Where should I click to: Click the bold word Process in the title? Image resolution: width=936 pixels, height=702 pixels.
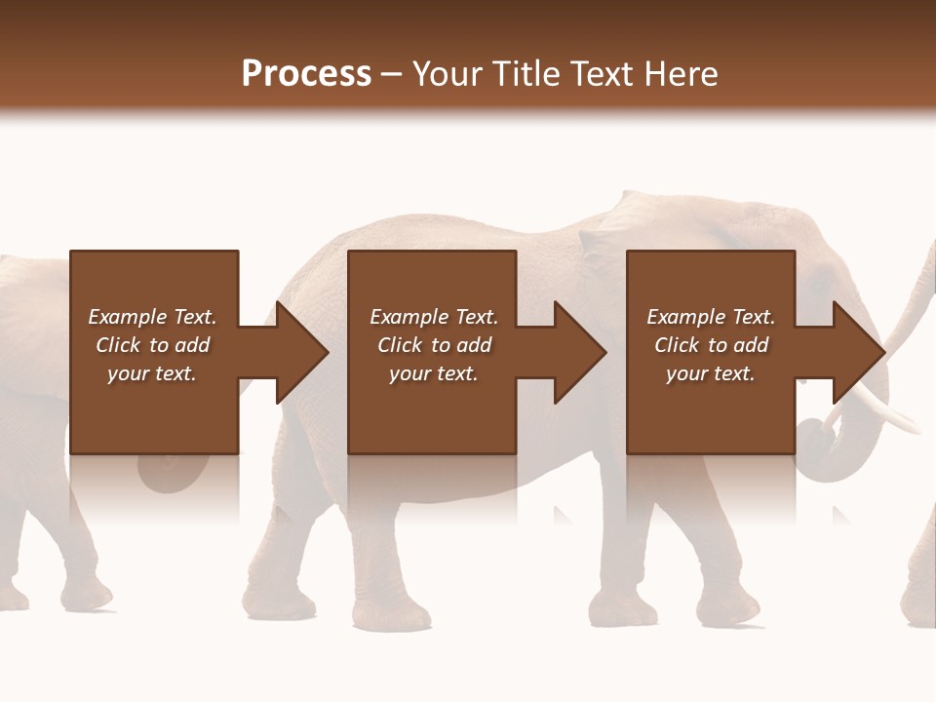(x=306, y=74)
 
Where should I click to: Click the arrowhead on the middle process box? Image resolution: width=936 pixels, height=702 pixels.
(x=578, y=353)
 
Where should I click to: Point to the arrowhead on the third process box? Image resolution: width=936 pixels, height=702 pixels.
(x=857, y=353)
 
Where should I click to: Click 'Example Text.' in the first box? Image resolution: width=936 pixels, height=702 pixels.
(x=152, y=317)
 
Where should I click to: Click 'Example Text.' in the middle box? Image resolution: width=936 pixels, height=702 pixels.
(x=434, y=317)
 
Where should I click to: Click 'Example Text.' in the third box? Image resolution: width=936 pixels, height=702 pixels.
(x=711, y=317)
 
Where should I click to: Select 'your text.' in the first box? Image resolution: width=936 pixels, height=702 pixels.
(x=152, y=373)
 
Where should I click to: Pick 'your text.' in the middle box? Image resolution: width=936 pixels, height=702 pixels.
(x=434, y=373)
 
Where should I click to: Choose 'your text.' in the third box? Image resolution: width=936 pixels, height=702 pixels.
(x=711, y=373)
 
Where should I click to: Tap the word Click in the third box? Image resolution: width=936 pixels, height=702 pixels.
(x=677, y=345)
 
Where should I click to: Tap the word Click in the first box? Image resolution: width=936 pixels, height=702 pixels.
(x=118, y=345)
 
